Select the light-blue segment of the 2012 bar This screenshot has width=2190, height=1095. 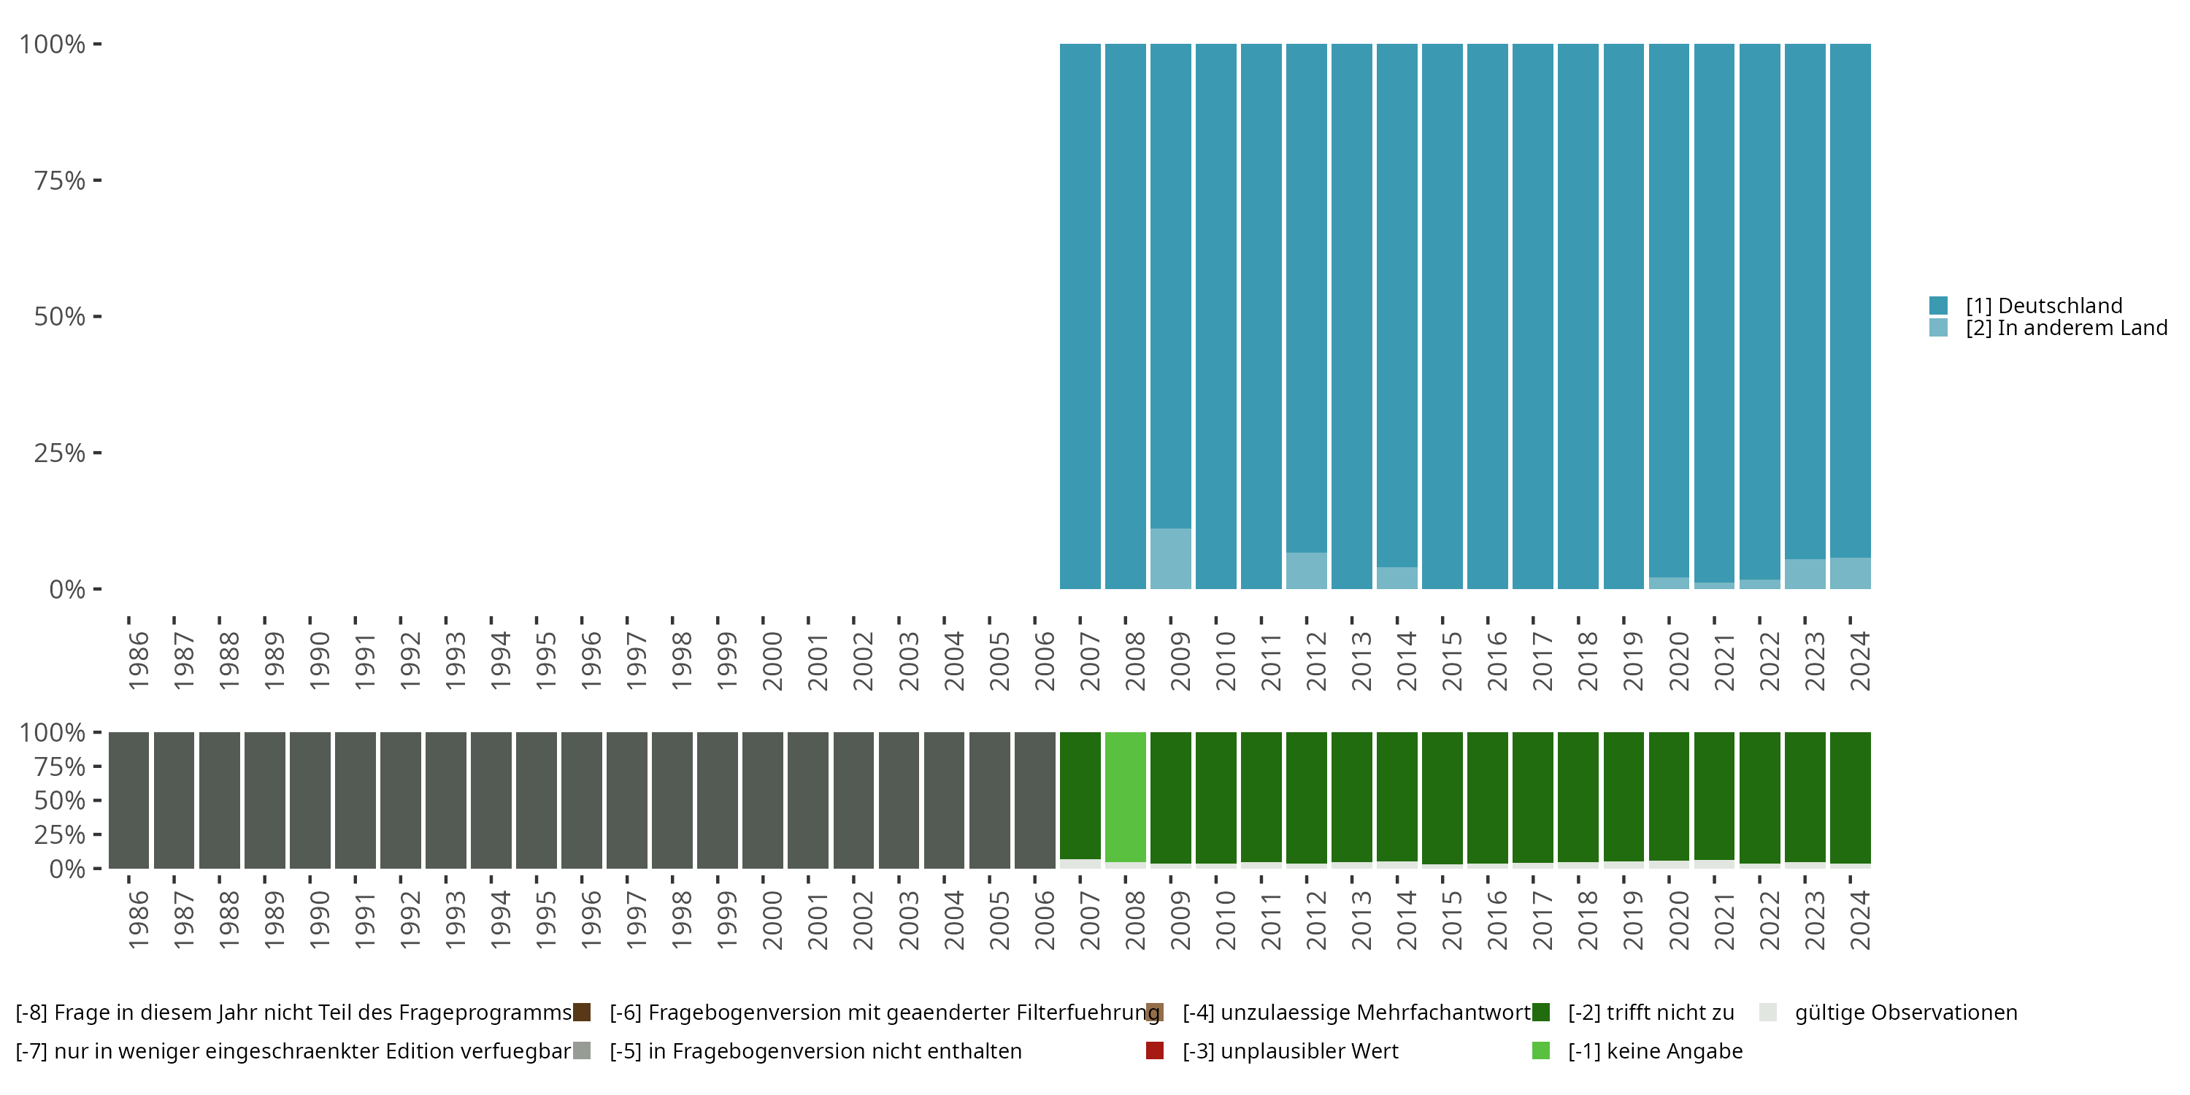[1306, 570]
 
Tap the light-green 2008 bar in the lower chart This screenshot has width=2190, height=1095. [1125, 796]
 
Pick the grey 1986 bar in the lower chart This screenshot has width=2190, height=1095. [128, 800]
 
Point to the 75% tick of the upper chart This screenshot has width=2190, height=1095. [60, 180]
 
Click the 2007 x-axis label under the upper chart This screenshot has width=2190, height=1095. [1090, 661]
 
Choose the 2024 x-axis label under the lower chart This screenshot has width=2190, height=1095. [1860, 920]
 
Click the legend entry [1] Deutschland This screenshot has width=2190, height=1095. [2043, 305]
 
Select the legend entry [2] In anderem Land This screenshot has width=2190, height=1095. [2065, 328]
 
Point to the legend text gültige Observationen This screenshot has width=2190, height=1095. [1905, 1013]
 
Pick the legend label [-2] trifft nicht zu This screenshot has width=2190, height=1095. [1650, 1013]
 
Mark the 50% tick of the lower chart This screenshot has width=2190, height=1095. [60, 800]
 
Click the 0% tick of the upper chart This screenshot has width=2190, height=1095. [67, 589]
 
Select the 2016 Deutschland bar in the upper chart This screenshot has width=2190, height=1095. [1487, 315]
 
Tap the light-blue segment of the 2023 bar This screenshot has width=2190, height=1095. [1804, 574]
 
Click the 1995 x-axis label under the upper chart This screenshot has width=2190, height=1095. [546, 661]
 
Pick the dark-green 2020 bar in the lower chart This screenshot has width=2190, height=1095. [1668, 795]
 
